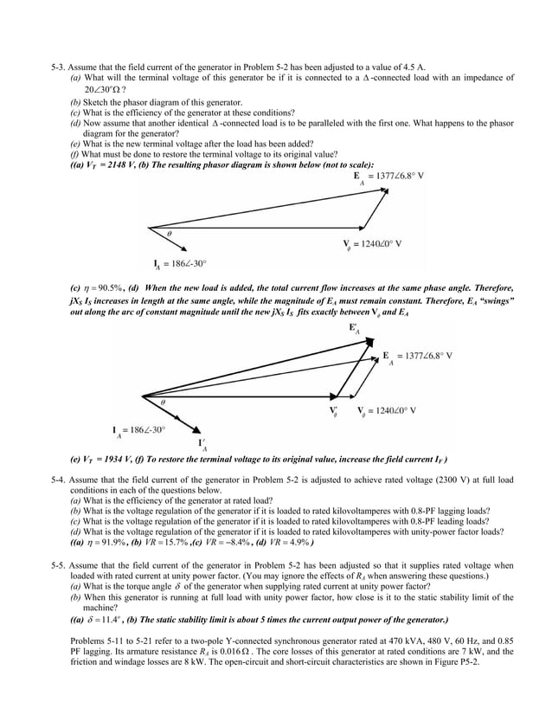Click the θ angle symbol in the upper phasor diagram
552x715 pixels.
[169, 233]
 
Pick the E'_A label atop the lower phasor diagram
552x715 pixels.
[355, 329]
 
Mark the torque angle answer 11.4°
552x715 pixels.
[107, 621]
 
